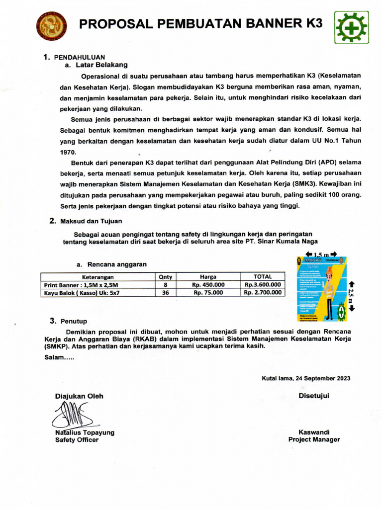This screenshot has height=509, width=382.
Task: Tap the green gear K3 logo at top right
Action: pos(352,27)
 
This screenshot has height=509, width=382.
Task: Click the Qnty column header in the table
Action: pos(165,276)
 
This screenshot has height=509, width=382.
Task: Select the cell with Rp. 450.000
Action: pos(208,285)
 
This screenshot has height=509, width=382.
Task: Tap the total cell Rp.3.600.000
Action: pos(263,285)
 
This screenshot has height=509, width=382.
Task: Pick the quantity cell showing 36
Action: pos(165,293)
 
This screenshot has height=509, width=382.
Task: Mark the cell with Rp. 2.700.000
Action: pos(263,293)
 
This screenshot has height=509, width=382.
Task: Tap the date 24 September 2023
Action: pos(323,378)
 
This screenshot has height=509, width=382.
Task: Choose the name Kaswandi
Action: pos(314,432)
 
